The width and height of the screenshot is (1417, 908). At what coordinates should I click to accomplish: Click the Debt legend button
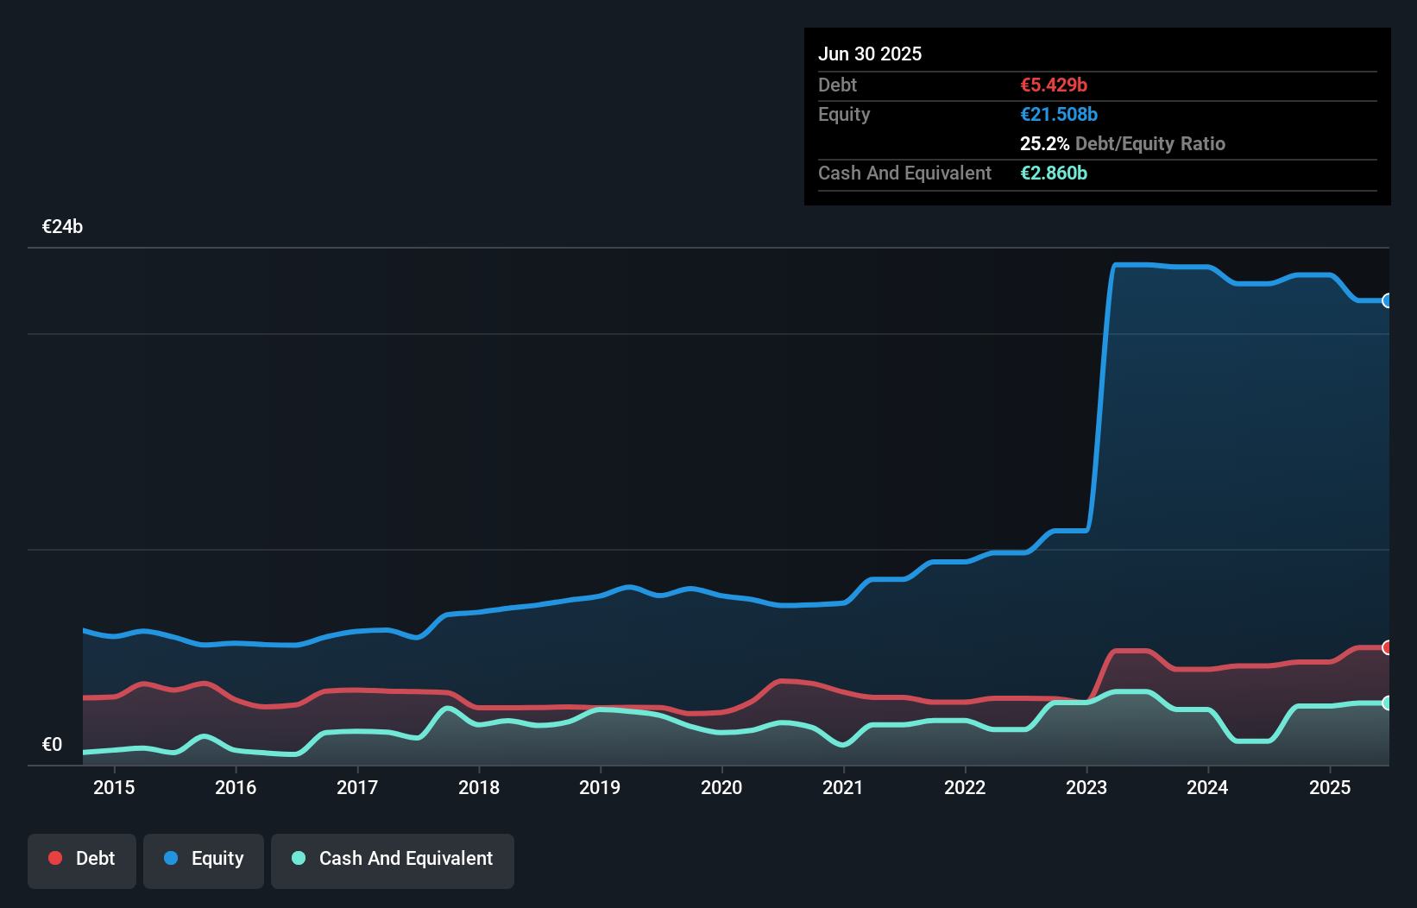82,859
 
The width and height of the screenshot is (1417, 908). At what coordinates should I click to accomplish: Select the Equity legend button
204,859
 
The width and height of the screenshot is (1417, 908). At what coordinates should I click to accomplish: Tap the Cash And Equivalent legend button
393,859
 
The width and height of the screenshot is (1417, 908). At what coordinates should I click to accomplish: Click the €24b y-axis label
62,227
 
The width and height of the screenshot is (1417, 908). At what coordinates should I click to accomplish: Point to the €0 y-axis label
52,745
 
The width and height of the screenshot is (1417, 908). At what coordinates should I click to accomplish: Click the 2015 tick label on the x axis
114,787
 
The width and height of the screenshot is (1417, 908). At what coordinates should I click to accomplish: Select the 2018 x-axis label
479,787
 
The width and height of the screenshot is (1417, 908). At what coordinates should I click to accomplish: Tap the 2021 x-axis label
843,787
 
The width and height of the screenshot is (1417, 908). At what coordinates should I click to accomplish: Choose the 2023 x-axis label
1086,787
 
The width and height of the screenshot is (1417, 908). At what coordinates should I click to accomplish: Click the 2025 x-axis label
1330,787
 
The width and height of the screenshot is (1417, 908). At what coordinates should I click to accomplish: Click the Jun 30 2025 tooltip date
870,54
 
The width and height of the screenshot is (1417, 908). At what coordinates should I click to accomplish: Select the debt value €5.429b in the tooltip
1054,85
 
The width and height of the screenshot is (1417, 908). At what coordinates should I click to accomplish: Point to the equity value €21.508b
1059,114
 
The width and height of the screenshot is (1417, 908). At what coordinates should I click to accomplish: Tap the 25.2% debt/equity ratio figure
1044,143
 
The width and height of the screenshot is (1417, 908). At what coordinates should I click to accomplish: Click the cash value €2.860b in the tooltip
1054,173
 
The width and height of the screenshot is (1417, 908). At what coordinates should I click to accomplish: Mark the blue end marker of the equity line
1388,300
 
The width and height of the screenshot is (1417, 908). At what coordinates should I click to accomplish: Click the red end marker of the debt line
1388,647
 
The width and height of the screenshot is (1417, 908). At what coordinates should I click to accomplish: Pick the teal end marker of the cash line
1388,703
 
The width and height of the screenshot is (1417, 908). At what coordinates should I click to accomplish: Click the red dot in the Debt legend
55,858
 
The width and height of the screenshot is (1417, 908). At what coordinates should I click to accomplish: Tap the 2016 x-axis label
236,787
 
